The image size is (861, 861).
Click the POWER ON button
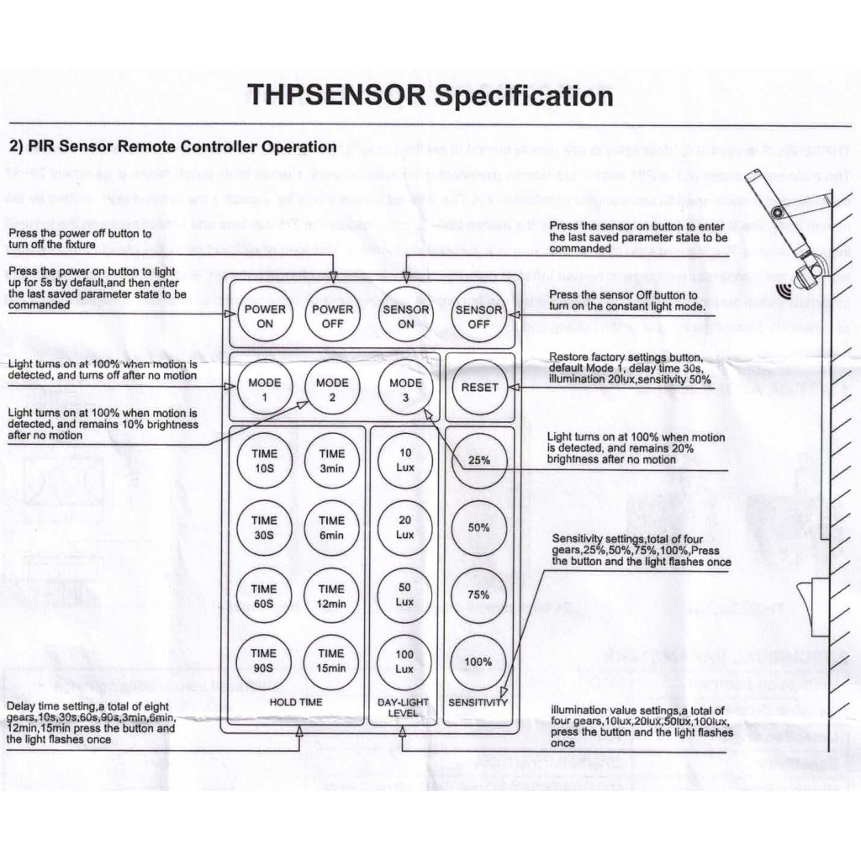pos(265,315)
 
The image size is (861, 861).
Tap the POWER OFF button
pos(333,315)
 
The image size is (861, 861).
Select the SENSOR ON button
pos(405,315)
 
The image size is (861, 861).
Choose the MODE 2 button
pos(332,388)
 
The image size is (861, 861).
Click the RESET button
pos(479,388)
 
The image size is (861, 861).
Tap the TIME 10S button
pos(263,460)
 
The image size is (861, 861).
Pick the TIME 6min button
pos(332,528)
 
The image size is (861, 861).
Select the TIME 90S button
pos(263,660)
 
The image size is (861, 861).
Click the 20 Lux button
pos(405,528)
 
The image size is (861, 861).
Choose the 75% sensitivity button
pos(478,594)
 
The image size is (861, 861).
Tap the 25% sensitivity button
pos(478,460)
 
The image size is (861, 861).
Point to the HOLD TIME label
pos(295,701)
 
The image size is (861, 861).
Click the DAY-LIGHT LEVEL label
pos(403,707)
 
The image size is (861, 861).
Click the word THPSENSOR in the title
pos(337,94)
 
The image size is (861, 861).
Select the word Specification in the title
pos(523,96)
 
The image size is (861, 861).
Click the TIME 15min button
pos(332,660)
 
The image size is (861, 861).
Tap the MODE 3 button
pos(405,388)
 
